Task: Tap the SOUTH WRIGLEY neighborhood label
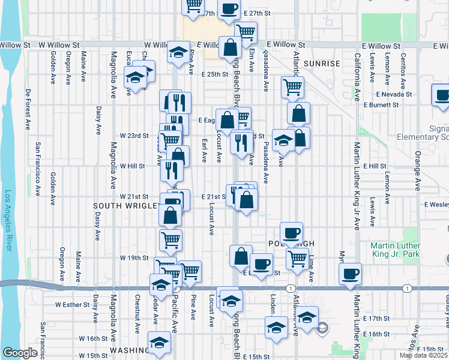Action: click(126, 205)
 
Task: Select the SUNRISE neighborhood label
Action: click(322, 63)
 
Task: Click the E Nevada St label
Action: click(394, 94)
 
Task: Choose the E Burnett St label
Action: click(381, 105)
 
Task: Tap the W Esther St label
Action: click(72, 304)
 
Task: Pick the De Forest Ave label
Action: click(28, 110)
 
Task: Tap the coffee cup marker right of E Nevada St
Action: click(441, 95)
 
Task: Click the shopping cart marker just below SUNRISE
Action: click(292, 86)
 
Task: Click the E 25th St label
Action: click(215, 74)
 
